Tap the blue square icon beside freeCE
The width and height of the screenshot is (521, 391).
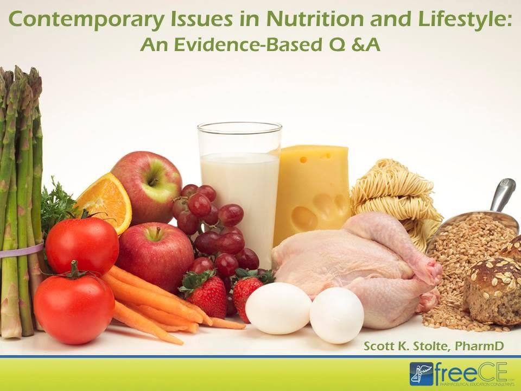(421, 374)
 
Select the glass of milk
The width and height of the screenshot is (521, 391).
(239, 185)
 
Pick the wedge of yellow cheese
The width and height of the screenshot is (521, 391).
(312, 190)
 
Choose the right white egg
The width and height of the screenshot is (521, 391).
(336, 315)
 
